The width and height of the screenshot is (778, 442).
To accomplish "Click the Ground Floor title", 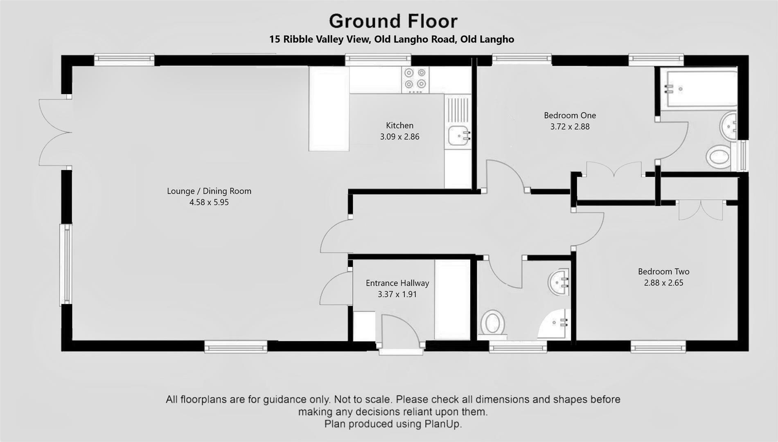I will pos(393,21).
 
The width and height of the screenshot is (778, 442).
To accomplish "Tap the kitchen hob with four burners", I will pos(415,79).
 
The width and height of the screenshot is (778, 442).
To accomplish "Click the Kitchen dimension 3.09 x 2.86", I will pos(399,137).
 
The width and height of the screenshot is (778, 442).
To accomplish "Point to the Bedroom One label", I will pos(570,115).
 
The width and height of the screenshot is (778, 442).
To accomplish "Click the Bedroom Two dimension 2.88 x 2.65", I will pos(663,283).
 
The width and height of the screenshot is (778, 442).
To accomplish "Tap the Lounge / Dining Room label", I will pos(209,191).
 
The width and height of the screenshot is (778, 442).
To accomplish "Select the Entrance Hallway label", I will pos(397,283).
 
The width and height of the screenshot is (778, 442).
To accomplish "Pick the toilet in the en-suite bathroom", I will pos(719,157).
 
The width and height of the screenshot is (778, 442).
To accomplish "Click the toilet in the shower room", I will pos(492,322).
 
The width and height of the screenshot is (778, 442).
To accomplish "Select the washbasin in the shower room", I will pos(559,282).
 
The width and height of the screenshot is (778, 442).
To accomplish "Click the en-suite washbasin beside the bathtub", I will pos(728,126).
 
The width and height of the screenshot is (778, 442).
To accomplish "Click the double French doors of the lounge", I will pos(54,132).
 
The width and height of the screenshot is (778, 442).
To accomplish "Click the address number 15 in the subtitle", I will pos(274,39).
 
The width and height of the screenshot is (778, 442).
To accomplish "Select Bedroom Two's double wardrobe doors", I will pos(700,210).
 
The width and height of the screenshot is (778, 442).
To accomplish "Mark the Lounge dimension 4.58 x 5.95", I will pos(209,202).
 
